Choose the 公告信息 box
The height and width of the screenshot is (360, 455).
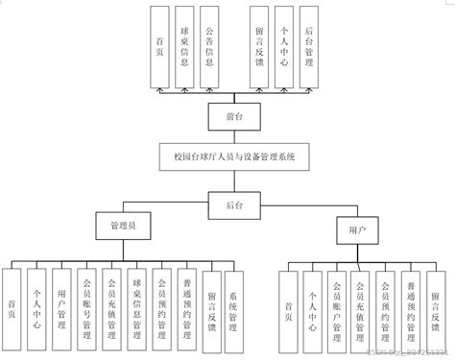pos(219,45)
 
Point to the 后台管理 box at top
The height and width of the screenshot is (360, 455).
pos(306,45)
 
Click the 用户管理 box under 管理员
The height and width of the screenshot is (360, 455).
pos(60,304)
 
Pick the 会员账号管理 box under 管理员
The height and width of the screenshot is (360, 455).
pos(86,304)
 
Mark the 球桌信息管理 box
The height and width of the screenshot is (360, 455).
pos(136,304)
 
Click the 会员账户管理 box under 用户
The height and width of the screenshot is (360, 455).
pos(335,305)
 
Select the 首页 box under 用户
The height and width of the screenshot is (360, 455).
pos(287,305)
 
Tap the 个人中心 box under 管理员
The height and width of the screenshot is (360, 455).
pos(36,304)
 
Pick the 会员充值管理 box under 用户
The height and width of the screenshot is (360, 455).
pos(359,305)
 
